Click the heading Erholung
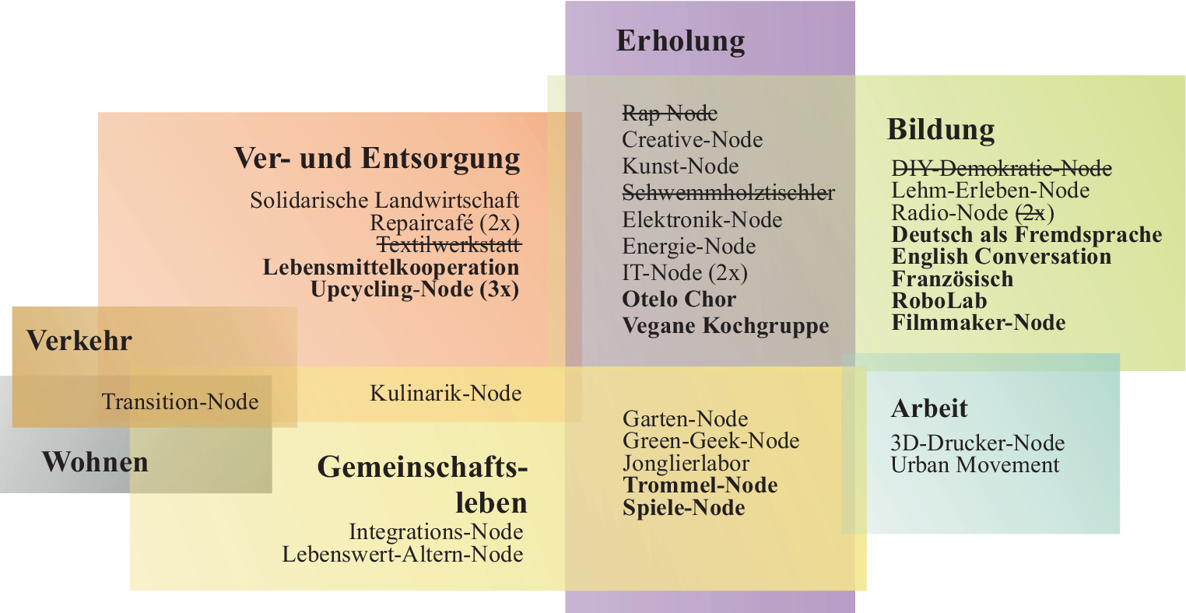click(680, 41)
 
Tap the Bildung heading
click(940, 129)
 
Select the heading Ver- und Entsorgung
click(377, 158)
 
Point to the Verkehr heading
click(79, 341)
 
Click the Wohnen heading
click(95, 462)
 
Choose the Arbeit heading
click(929, 408)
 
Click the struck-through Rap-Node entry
click(669, 114)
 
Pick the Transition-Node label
click(180, 402)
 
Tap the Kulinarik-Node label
click(445, 393)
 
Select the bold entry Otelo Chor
click(679, 299)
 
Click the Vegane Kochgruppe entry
click(725, 326)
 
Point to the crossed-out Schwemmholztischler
click(728, 192)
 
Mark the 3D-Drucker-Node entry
click(977, 443)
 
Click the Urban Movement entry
click(974, 465)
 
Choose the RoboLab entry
click(939, 301)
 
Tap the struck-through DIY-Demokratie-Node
click(1001, 169)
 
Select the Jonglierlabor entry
click(686, 464)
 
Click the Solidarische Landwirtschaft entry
click(384, 201)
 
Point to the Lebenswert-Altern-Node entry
click(402, 555)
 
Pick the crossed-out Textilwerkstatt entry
click(448, 245)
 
